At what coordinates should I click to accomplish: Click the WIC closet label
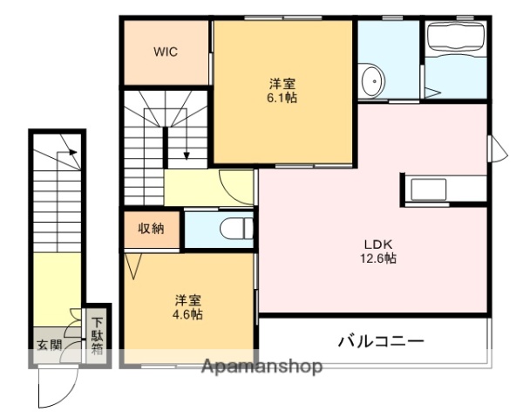[166, 52]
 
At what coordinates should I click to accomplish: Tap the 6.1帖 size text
[282, 99]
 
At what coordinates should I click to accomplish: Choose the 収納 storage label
[151, 229]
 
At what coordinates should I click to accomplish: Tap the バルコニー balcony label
[381, 340]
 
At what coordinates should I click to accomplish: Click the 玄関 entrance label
[49, 345]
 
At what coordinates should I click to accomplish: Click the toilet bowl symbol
[233, 229]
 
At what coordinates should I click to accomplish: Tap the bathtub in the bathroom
[455, 42]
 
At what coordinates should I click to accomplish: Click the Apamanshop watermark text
[261, 367]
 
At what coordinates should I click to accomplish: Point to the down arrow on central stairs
[187, 155]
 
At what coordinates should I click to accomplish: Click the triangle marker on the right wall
[499, 149]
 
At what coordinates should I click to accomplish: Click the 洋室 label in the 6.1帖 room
[282, 84]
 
